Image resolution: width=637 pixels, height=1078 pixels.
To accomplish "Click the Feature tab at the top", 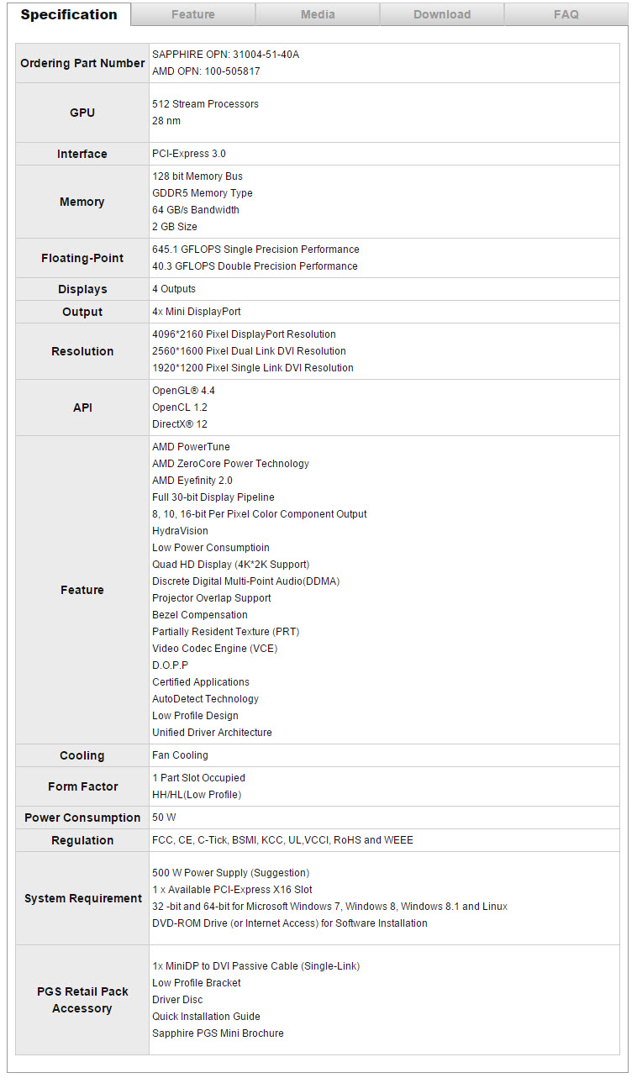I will click(x=192, y=14).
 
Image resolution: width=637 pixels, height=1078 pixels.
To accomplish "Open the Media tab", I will click(x=318, y=14).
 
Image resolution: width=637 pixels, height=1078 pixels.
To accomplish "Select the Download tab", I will click(x=442, y=14).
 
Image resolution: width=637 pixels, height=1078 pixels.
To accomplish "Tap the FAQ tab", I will click(x=566, y=14).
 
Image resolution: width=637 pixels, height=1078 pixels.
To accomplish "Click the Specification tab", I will click(x=69, y=14).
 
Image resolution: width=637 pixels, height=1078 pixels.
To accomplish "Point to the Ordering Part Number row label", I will click(x=82, y=63).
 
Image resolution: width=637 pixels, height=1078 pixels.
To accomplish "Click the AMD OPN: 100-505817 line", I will click(x=206, y=71).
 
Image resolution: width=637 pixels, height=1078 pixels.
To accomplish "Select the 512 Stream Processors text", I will click(x=205, y=104).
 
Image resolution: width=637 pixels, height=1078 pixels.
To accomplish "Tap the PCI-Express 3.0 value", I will click(x=189, y=154).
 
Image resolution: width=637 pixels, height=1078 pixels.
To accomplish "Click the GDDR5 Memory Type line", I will click(x=203, y=193).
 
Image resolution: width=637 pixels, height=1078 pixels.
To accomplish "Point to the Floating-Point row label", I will click(x=82, y=258).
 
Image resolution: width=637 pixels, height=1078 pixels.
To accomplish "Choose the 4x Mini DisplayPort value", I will click(x=197, y=312).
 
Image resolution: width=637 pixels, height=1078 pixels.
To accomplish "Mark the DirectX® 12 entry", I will click(x=180, y=424).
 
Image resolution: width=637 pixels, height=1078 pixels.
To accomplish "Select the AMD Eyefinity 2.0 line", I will click(x=192, y=481).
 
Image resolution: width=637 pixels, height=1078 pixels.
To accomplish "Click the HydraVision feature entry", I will click(x=180, y=531).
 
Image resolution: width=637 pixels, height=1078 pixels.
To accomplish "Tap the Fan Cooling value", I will click(x=180, y=755).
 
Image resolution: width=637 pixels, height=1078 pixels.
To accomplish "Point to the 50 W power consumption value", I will click(x=164, y=818).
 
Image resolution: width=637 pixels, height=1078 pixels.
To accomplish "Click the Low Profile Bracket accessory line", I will click(x=197, y=983).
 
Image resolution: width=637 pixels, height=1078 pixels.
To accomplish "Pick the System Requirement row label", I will click(x=82, y=898).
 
